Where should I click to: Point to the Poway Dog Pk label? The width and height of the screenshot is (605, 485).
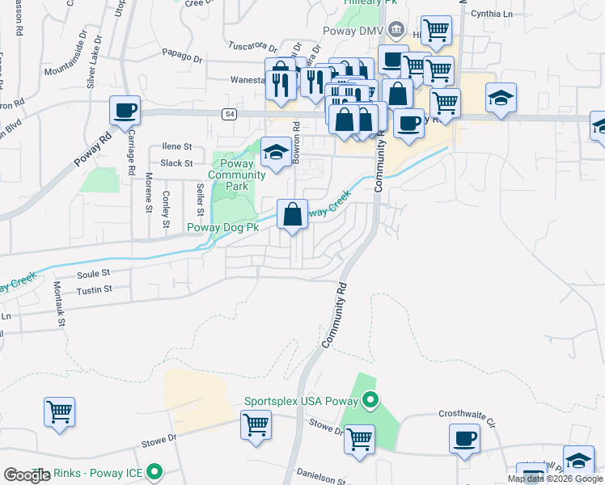(222, 228)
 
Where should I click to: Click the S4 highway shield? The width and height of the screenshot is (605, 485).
(231, 115)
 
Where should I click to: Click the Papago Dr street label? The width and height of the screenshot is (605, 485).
(182, 58)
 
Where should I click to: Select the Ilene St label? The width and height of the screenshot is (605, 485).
(176, 147)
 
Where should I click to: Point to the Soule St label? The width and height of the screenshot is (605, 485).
(92, 275)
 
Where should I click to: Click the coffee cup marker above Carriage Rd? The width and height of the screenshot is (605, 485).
(125, 112)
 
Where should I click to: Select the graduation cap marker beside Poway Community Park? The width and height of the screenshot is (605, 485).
(276, 152)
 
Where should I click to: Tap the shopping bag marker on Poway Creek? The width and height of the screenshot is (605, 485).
(292, 215)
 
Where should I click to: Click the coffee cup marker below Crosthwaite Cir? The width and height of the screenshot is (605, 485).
(464, 439)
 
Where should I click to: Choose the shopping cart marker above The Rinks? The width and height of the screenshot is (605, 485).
(60, 412)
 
